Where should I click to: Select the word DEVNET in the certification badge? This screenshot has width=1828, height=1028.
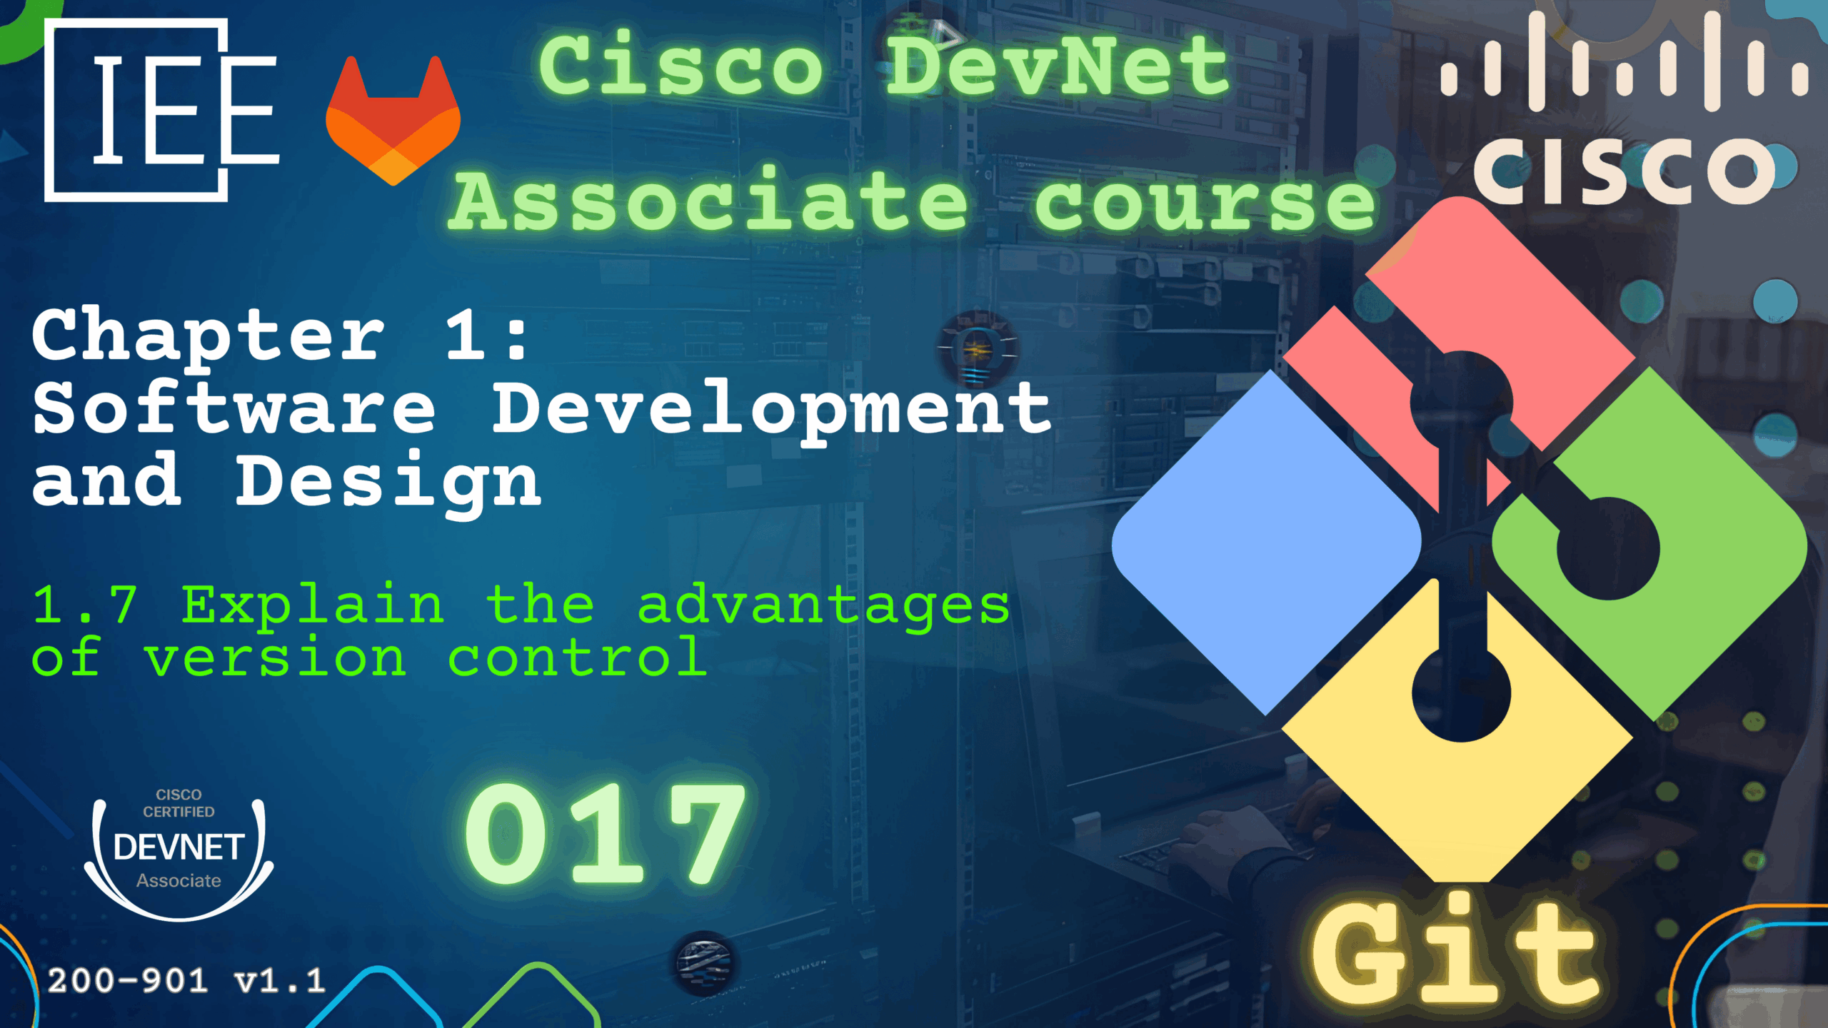click(x=179, y=847)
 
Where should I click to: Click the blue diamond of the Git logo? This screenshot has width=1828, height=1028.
click(x=1267, y=543)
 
